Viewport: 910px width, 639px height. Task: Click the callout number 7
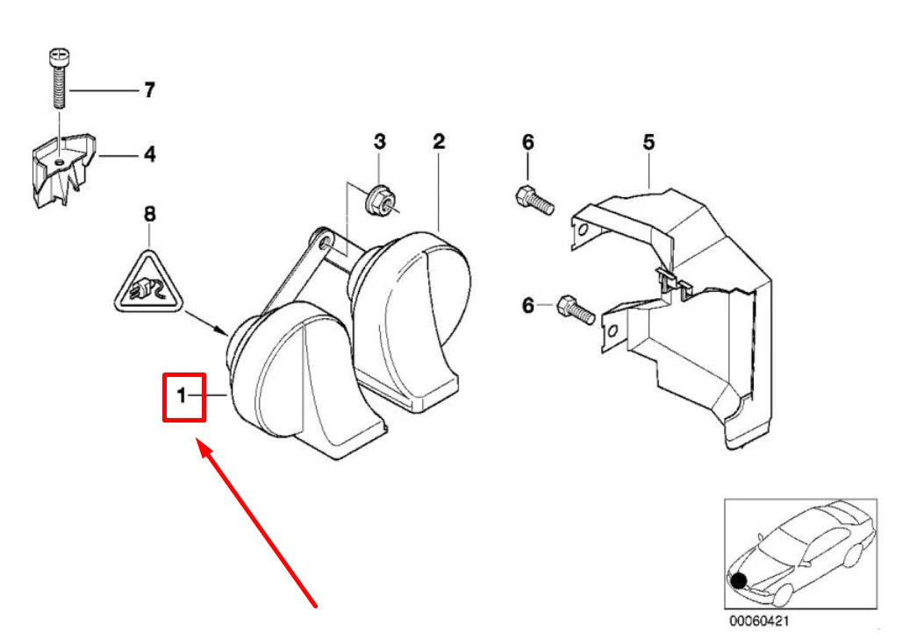pyautogui.click(x=149, y=90)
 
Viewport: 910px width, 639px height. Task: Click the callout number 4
pyautogui.click(x=149, y=155)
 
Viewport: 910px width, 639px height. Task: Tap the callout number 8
pyautogui.click(x=149, y=213)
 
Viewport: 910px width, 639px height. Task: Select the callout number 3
pyautogui.click(x=379, y=141)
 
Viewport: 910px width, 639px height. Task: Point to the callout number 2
pyautogui.click(x=439, y=141)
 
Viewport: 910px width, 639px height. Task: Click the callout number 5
pyautogui.click(x=648, y=141)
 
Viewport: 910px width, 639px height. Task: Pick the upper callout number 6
pyautogui.click(x=527, y=141)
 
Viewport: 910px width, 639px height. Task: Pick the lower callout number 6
pyautogui.click(x=527, y=305)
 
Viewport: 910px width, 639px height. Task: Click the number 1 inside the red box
pyautogui.click(x=182, y=397)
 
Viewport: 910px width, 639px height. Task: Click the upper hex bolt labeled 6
pyautogui.click(x=533, y=201)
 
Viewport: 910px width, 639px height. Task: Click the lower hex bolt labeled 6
pyautogui.click(x=575, y=311)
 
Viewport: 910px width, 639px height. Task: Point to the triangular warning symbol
pyautogui.click(x=148, y=283)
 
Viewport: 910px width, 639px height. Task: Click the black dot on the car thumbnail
pyautogui.click(x=739, y=580)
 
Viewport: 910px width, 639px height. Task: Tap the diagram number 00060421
pyautogui.click(x=759, y=620)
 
